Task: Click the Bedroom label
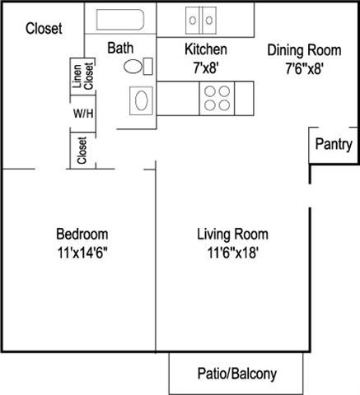pos(82,234)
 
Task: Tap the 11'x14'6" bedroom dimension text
pos(82,253)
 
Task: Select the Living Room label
pos(229,234)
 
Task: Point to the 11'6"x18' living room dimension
pos(229,253)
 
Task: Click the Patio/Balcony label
pos(237,374)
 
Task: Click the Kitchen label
pos(206,49)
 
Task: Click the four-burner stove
pos(218,99)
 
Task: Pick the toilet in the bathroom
pos(140,67)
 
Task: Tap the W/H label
pos(82,113)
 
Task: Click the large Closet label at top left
pos(44,29)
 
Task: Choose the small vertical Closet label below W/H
pos(82,151)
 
